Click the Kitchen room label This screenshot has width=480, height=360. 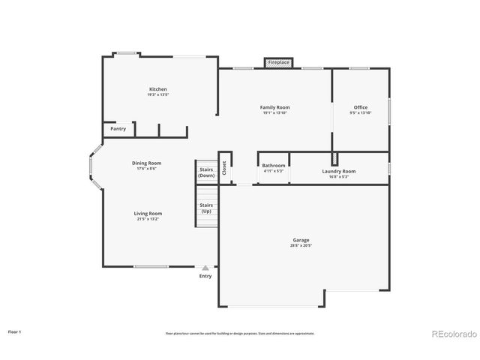point(157,89)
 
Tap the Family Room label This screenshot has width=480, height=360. point(274,107)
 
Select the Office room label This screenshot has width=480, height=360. point(361,107)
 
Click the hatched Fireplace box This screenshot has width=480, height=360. point(278,62)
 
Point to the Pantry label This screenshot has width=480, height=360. point(118,129)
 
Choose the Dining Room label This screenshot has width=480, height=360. point(146,163)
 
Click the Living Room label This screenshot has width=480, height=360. point(148,213)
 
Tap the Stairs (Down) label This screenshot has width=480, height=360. point(206,172)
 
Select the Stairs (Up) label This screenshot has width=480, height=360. point(205,208)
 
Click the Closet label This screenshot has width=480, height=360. point(224,168)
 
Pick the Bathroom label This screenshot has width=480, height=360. point(273,165)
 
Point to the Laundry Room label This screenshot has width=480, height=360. point(339,171)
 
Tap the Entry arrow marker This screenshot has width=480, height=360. point(205,267)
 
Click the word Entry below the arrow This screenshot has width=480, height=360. point(205,276)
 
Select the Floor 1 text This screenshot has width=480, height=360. point(15,331)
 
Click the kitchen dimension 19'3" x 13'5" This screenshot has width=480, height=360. point(157,94)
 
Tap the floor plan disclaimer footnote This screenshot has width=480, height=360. point(240,333)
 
